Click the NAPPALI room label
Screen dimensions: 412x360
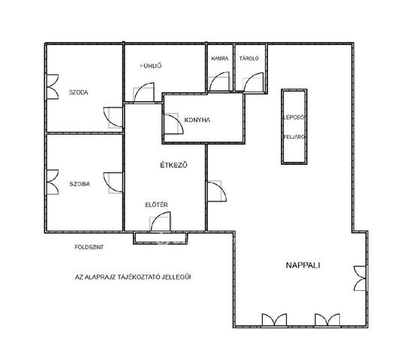tap(302, 265)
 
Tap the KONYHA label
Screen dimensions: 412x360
tap(197, 120)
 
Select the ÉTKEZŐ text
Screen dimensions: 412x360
tap(173, 165)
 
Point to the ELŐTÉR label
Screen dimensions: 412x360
tap(156, 205)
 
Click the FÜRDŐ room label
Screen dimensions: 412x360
tap(151, 66)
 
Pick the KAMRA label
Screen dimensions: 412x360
tap(220, 58)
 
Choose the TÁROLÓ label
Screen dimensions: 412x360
tap(249, 58)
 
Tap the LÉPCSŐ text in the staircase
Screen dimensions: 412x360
tap(294, 117)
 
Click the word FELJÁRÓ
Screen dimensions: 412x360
tap(294, 136)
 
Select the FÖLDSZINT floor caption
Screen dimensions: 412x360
tap(89, 247)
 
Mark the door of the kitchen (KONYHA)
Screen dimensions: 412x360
tap(173, 124)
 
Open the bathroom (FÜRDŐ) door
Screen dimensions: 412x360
tap(144, 92)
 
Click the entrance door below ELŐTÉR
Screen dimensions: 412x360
tap(161, 222)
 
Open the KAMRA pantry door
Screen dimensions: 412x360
tap(219, 82)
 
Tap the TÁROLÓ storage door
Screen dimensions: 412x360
tap(254, 82)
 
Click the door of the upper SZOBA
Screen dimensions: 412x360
tap(113, 117)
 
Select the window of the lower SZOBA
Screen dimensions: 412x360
tap(53, 182)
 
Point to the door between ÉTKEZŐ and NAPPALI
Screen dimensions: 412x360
tap(217, 191)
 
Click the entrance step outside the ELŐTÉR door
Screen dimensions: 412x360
tap(161, 238)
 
